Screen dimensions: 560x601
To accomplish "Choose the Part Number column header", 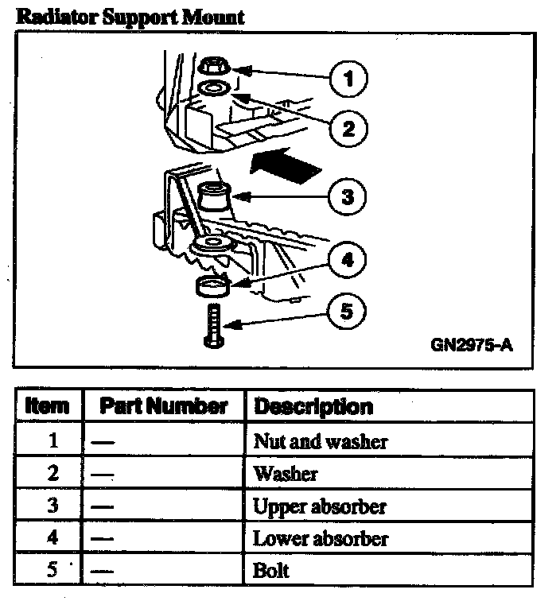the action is [x=163, y=406].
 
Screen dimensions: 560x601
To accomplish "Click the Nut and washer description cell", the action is [x=321, y=441].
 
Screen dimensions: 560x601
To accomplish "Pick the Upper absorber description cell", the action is [x=320, y=506].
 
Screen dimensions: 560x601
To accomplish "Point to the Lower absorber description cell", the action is [x=321, y=539].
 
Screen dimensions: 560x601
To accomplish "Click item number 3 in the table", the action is [x=52, y=506].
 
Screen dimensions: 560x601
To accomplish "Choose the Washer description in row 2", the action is [x=285, y=475].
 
